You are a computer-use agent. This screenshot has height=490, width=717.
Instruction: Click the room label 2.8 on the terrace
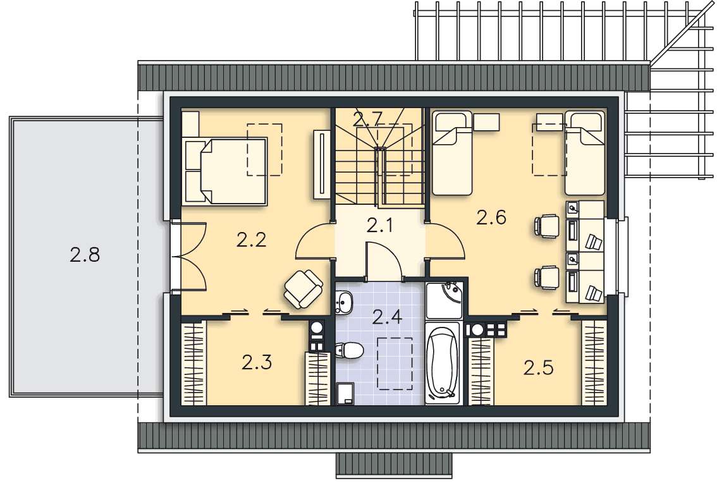[85, 255]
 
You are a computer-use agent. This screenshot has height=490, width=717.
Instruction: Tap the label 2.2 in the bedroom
[251, 240]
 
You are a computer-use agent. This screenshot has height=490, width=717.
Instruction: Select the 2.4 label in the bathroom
[387, 316]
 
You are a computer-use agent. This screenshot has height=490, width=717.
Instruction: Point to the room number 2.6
[491, 217]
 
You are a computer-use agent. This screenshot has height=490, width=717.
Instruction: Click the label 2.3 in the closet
[257, 362]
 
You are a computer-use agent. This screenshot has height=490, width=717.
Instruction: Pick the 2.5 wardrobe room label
[538, 367]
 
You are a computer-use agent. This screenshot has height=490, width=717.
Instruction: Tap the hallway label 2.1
[380, 225]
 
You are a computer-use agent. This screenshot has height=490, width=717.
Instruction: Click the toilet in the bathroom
[350, 351]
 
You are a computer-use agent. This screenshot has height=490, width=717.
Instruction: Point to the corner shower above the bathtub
[444, 300]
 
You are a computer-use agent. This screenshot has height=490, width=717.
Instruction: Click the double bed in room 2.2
[225, 171]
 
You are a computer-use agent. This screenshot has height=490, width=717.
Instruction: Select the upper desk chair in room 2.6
[547, 226]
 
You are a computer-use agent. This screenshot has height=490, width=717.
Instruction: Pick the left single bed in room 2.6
[452, 152]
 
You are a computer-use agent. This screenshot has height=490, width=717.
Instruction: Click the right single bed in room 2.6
[585, 152]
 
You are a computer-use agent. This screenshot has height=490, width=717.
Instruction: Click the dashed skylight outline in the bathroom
[395, 364]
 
